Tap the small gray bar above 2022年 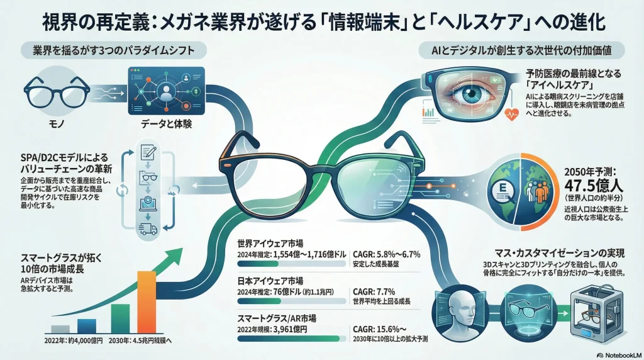[60, 328]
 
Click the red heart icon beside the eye [510, 113]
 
